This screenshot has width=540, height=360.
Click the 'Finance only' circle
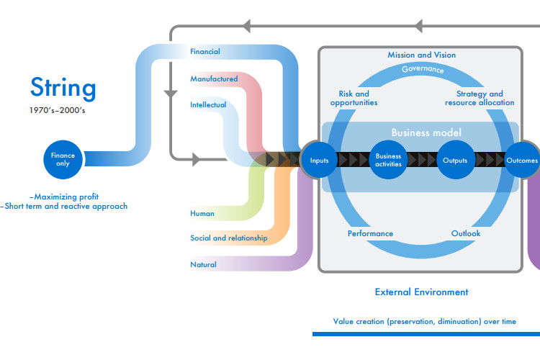click(x=63, y=160)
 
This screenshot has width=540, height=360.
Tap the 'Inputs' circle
click(x=319, y=160)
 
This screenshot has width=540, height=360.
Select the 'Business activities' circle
click(x=388, y=160)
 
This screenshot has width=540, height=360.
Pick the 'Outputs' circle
click(x=455, y=160)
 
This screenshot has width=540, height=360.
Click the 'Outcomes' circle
click(x=522, y=160)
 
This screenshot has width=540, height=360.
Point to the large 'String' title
click(x=63, y=88)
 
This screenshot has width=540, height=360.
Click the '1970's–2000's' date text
click(x=57, y=110)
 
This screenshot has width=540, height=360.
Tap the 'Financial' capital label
click(x=205, y=51)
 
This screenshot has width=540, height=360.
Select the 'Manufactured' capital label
click(x=215, y=79)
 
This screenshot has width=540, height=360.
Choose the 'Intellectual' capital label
click(x=208, y=104)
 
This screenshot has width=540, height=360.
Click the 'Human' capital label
click(x=202, y=213)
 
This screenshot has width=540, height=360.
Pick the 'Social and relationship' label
click(x=229, y=238)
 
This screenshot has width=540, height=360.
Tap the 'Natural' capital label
click(x=203, y=264)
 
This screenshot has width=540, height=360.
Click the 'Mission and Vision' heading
click(x=421, y=55)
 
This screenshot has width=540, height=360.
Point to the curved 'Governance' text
click(x=423, y=69)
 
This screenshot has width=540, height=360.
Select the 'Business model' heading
click(x=426, y=132)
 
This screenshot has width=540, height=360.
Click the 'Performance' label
click(x=370, y=233)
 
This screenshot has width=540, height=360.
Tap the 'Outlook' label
click(x=466, y=233)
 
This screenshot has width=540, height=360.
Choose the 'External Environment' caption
click(x=421, y=292)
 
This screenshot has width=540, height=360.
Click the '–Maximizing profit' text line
click(x=64, y=197)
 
